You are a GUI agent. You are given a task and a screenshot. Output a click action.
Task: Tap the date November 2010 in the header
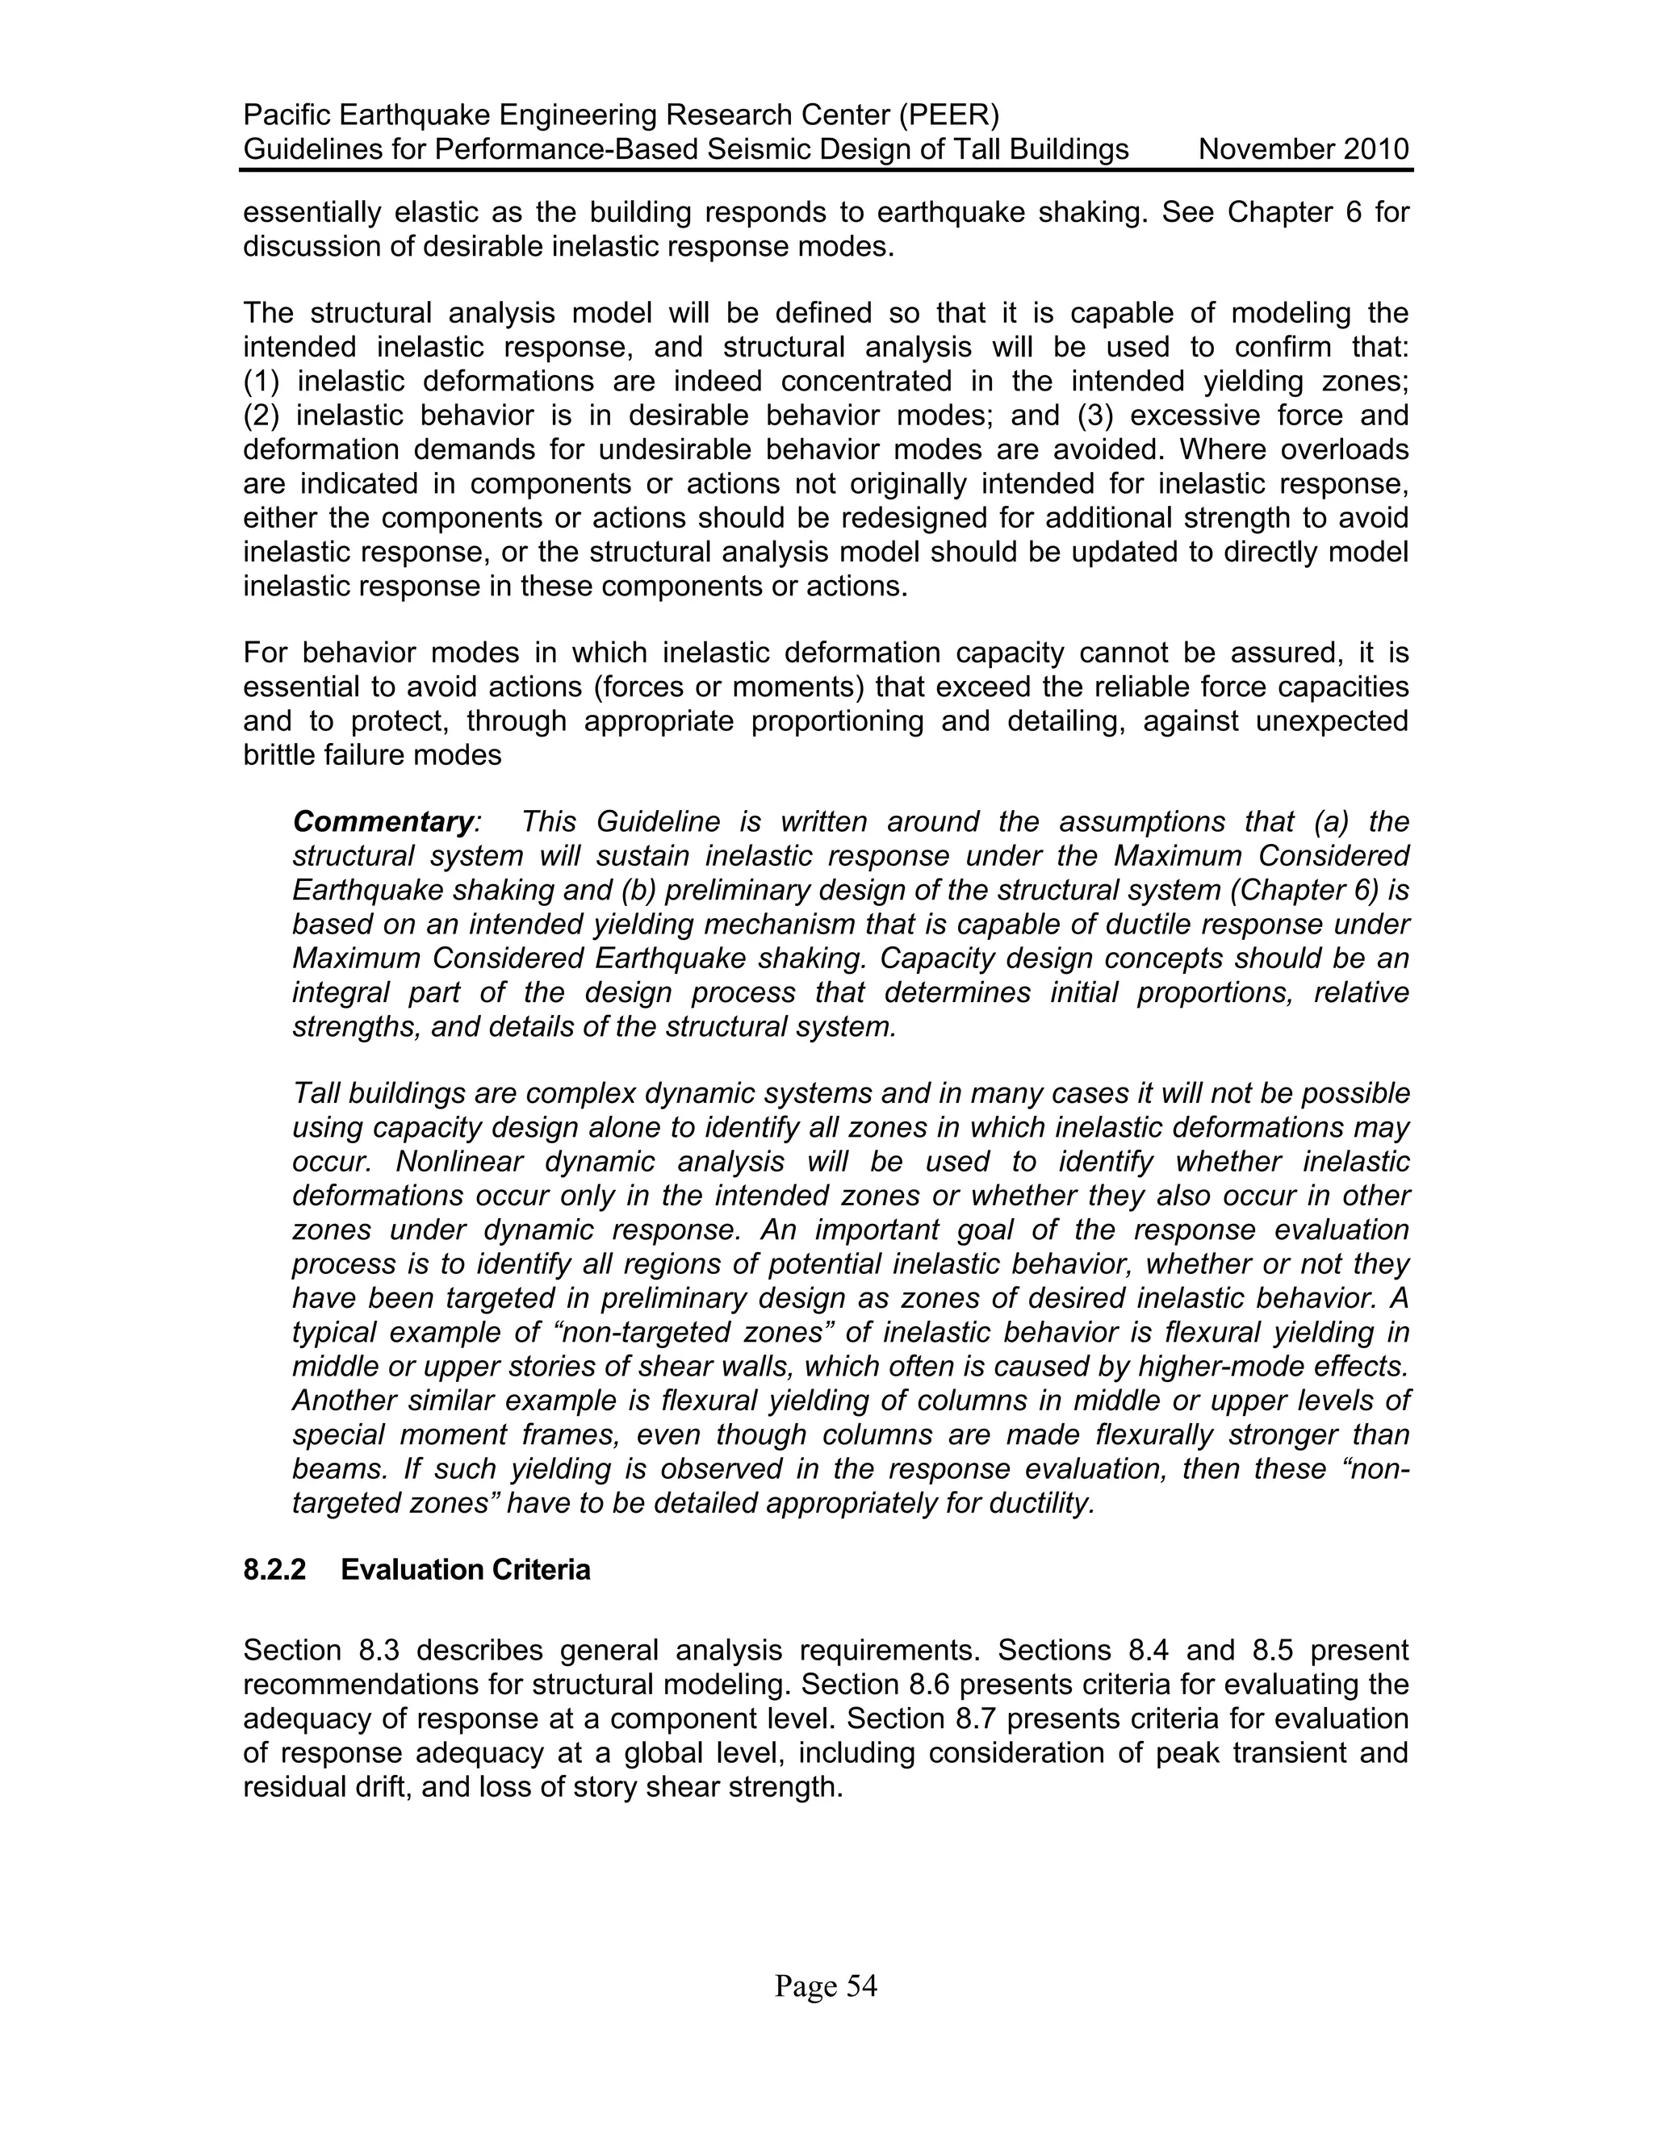[1304, 150]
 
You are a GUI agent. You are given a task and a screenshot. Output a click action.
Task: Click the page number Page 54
[826, 1986]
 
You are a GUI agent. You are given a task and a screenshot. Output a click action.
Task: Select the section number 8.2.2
[274, 1570]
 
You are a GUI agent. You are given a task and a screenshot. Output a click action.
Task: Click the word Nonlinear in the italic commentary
[459, 1162]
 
